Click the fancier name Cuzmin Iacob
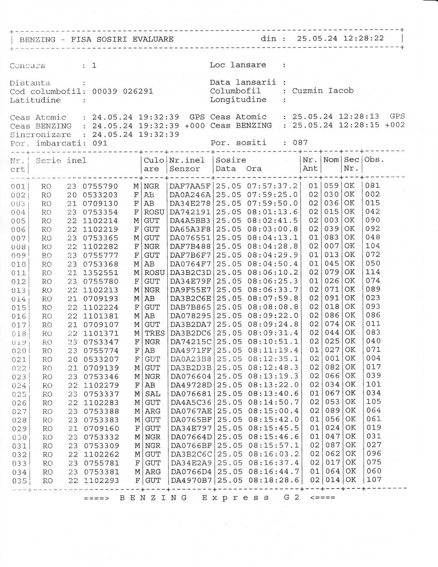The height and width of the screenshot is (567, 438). tap(323, 91)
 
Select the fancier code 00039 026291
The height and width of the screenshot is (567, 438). tap(123, 91)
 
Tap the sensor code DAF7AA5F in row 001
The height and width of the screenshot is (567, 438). tap(190, 186)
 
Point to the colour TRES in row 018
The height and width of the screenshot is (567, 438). tap(154, 333)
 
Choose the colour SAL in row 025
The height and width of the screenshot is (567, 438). tap(152, 394)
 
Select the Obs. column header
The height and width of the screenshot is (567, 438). tap(375, 160)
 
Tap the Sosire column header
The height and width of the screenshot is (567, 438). tap(231, 160)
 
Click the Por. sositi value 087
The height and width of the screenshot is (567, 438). tap(300, 142)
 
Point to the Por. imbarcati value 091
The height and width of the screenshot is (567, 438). tap(100, 143)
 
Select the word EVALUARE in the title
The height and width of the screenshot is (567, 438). tap(153, 39)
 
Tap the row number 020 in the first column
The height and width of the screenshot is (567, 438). tap(19, 351)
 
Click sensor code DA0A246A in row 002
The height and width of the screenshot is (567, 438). tap(190, 195)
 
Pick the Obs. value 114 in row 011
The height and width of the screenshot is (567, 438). tap(373, 272)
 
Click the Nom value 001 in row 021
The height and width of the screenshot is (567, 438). tap(332, 359)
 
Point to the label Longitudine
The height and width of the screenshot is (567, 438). tap(238, 100)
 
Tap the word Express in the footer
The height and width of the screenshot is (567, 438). tap(235, 498)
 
